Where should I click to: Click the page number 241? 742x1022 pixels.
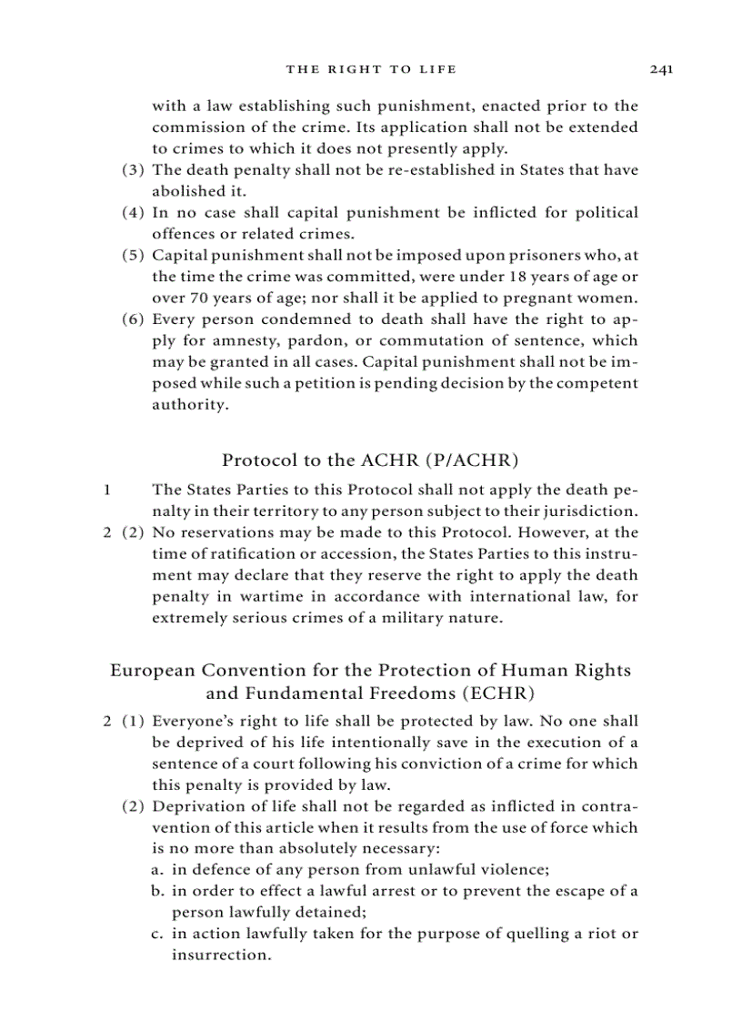(660, 69)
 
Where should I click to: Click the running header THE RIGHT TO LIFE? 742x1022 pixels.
(371, 69)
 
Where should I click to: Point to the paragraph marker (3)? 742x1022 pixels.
(134, 170)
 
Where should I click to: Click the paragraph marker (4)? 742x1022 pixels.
(134, 213)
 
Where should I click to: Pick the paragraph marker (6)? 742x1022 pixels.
(134, 319)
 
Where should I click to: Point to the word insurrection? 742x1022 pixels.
(221, 956)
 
